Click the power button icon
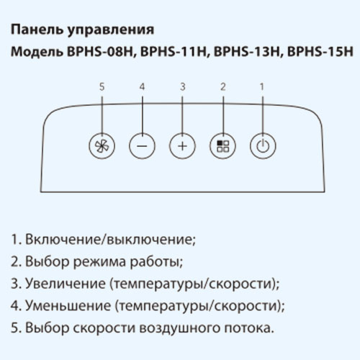coord(263,146)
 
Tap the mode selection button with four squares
coord(222,146)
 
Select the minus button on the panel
coord(142,146)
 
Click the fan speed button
coord(102,146)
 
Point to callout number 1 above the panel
coord(262,86)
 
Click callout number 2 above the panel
coord(223,86)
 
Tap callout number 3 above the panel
coord(183,86)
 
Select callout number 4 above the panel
coord(142,86)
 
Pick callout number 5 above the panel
coord(102,86)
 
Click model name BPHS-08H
coord(99,52)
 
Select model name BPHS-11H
coord(173,52)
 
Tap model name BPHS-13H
coord(246,52)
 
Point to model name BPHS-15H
coord(320,52)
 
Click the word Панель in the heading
coord(37,30)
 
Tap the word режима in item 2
coord(99,262)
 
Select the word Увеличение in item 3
coord(66,284)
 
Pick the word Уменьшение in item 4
coord(68,305)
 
